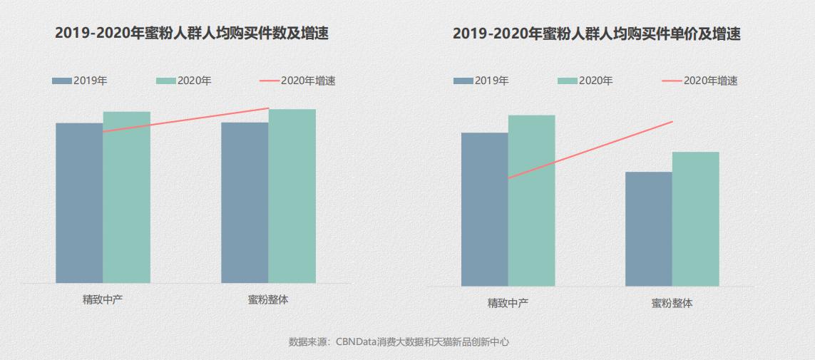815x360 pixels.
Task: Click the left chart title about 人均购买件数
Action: pos(192,34)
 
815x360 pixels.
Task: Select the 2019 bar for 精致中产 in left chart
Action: pos(79,203)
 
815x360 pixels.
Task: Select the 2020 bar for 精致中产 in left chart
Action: pos(127,197)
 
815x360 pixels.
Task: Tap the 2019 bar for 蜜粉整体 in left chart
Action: pos(245,203)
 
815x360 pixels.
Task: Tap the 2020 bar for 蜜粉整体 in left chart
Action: pos(292,196)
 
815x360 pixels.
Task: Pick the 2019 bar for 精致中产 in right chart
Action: pos(485,210)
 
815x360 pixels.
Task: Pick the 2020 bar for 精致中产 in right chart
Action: pos(532,200)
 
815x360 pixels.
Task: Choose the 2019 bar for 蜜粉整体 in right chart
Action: pos(649,229)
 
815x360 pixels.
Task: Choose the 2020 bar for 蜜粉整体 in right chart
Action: pos(696,219)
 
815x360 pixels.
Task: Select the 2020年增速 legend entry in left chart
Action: pos(298,81)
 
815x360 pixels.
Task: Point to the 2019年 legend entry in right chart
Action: pos(481,81)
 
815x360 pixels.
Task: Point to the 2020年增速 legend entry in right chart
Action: pos(700,81)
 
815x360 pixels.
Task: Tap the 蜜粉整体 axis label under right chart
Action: pos(672,303)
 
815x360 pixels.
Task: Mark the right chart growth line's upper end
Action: pos(672,122)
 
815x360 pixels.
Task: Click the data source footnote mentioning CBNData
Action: pos(399,341)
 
